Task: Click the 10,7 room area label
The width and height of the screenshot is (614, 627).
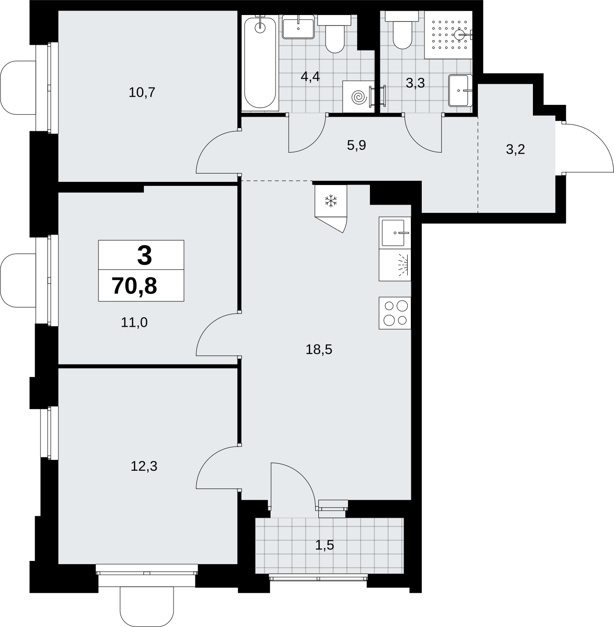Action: pos(142,93)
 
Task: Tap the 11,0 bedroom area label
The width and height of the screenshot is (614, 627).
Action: pos(134,323)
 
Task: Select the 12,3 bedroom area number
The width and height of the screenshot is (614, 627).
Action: pos(144,466)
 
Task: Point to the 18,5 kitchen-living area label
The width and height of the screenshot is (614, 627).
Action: pos(319,349)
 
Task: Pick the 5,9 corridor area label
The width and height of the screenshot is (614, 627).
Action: pos(356,145)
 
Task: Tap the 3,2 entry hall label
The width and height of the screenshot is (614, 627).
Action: pos(516,149)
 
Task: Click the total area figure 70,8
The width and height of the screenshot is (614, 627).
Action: pos(134,286)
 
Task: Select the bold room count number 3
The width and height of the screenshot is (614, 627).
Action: pos(144,256)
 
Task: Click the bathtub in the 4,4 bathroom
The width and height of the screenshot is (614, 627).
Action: pos(260,62)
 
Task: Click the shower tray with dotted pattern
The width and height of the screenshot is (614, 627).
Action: pos(448,35)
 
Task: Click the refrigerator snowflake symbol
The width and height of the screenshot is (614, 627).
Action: pos(331,201)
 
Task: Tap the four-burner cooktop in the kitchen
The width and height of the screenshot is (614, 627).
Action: pos(395,313)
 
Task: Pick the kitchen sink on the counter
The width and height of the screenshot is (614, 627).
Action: pos(395,233)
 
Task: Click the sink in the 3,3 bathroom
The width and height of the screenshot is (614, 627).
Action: pos(460,91)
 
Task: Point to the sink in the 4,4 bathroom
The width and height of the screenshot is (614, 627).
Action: pos(298,27)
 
